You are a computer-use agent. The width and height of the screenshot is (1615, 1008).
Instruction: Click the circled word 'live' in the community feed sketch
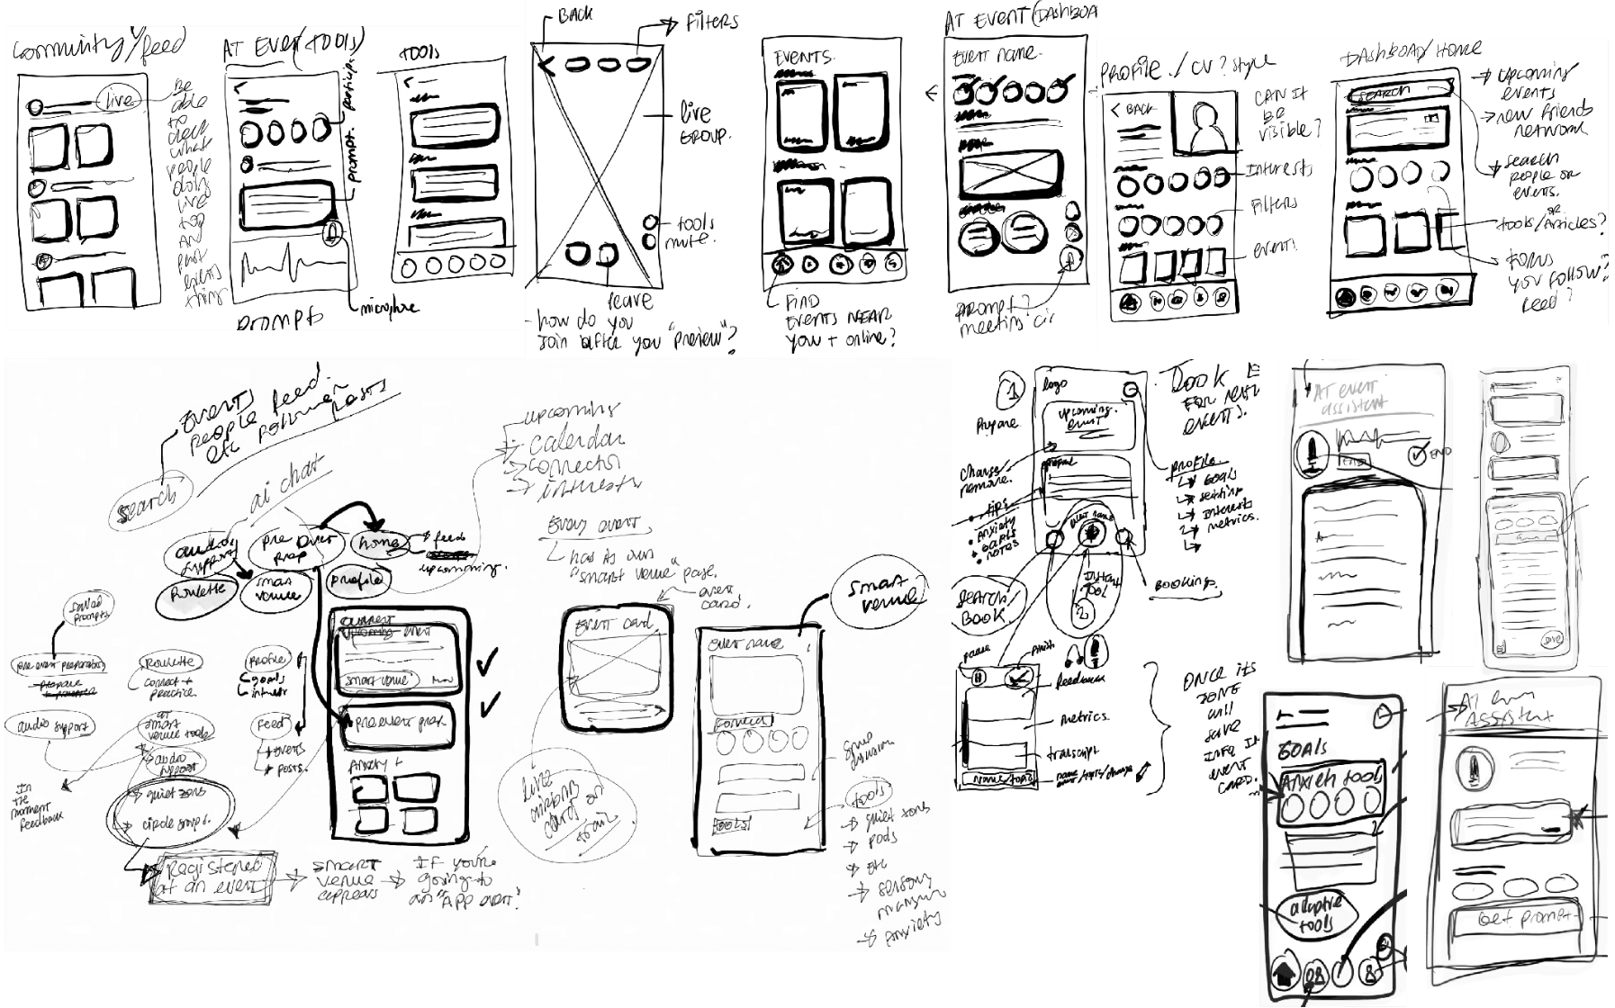tap(118, 96)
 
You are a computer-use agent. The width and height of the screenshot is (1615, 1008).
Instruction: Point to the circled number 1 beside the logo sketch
tap(1012, 393)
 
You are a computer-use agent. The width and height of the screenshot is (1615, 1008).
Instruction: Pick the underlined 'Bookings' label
tap(1186, 585)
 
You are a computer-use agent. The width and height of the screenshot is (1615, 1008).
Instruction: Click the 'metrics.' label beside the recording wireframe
tap(1086, 717)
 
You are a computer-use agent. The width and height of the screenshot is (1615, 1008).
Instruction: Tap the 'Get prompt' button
tap(1519, 919)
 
